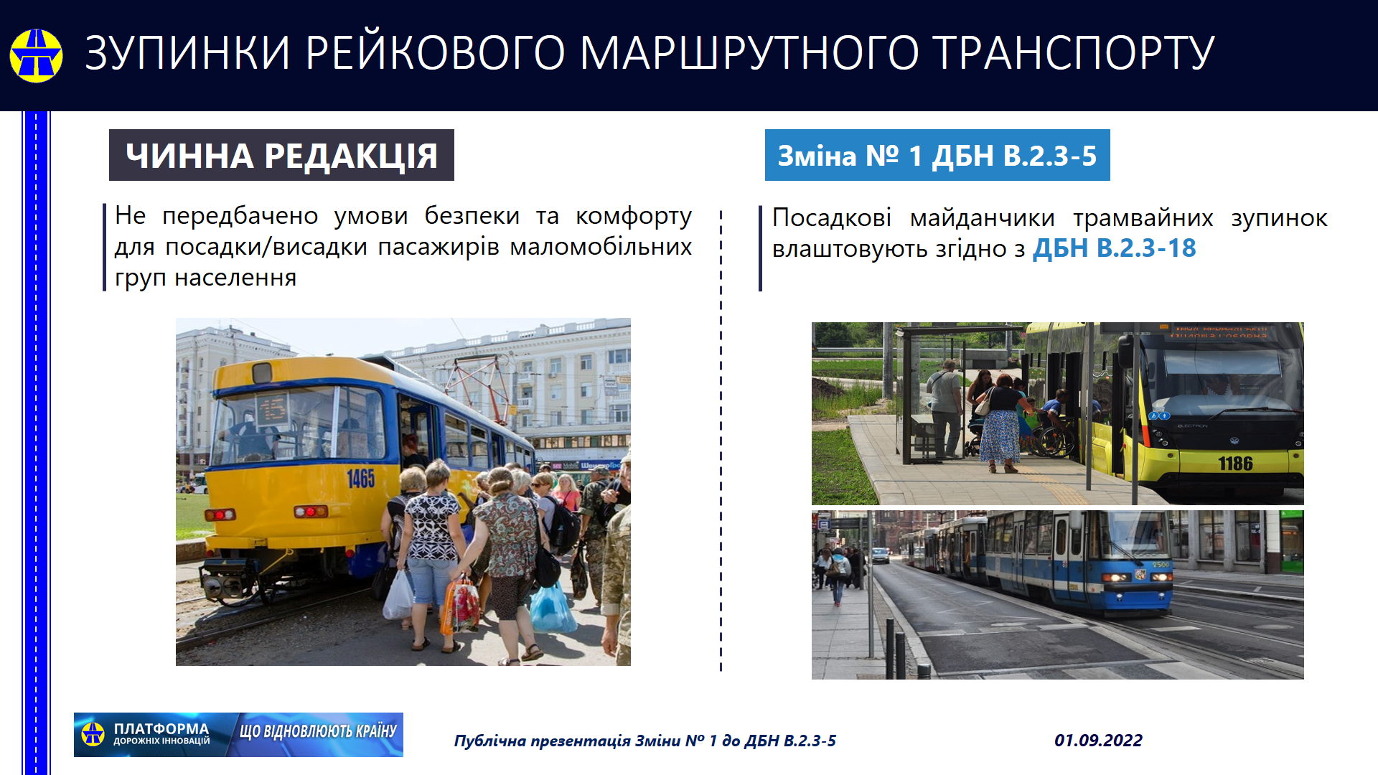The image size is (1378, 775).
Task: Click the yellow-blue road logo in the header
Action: pos(36,55)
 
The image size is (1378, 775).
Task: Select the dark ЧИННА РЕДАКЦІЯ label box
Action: pos(281,155)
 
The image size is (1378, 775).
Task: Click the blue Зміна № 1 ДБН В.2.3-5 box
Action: pos(937,155)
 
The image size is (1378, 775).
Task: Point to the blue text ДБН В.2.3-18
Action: pos(1114,248)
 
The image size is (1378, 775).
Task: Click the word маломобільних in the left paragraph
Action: pos(601,247)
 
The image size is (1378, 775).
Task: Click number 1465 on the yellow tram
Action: pos(360,479)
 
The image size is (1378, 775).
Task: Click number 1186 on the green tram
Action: pos(1235,464)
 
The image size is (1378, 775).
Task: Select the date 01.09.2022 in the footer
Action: pos(1098,741)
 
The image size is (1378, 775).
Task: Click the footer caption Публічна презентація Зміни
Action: pos(566,741)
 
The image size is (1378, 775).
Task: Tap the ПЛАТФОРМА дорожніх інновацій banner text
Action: pos(161,734)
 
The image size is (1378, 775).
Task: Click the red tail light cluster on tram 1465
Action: pos(311,512)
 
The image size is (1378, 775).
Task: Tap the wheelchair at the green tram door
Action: pos(1054,438)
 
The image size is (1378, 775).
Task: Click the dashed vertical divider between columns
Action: pos(721,441)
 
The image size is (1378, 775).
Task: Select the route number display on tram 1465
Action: pos(272,410)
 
